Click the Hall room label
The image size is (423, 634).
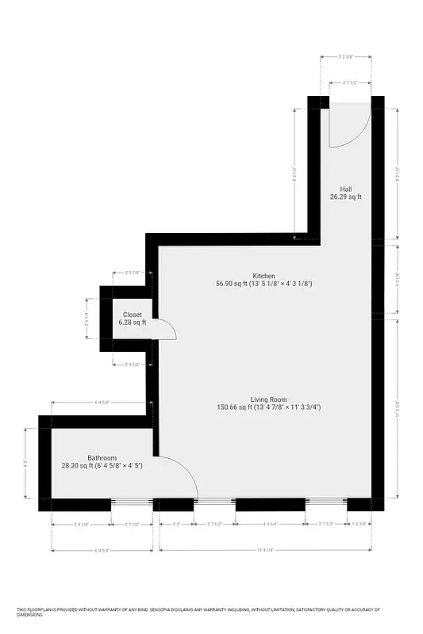346,189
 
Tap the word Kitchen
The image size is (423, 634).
264,275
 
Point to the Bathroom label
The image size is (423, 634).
102,458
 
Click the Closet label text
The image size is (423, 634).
133,315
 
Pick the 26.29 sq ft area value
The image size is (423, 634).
346,197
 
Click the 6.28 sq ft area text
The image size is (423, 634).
133,323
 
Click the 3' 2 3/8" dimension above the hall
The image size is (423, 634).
346,57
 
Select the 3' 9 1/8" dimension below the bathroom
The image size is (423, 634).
81,524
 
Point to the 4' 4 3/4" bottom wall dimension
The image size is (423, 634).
271,524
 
